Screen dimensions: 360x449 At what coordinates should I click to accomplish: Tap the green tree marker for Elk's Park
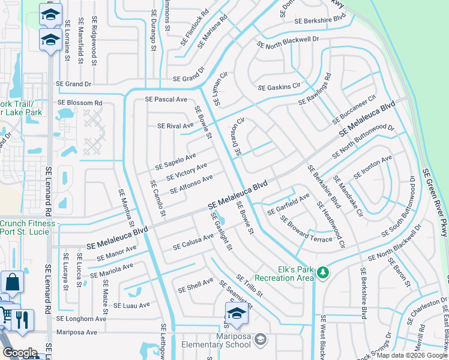(323, 273)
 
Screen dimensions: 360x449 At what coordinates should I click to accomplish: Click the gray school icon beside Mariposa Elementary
(260, 340)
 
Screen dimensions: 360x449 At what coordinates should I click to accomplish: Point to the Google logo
(20, 353)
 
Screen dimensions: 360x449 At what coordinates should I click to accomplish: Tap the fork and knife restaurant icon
(22, 319)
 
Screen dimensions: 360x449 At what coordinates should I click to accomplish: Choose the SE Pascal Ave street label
(166, 99)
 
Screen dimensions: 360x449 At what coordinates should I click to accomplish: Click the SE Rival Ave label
(175, 126)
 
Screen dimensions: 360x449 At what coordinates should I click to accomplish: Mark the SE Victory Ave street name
(187, 171)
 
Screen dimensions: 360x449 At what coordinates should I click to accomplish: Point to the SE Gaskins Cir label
(279, 88)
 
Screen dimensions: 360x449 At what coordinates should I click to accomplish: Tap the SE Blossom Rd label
(80, 103)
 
